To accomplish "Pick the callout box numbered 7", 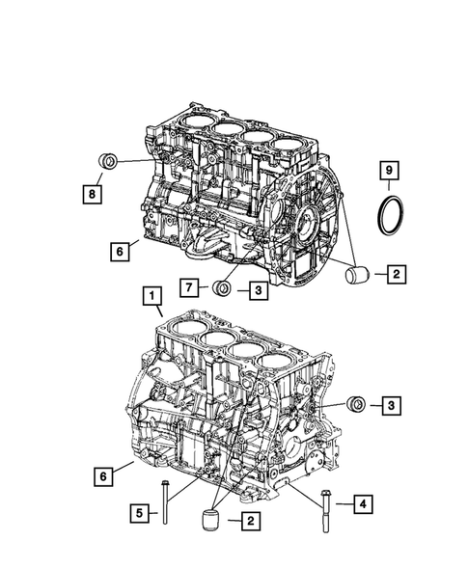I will coord(190,286).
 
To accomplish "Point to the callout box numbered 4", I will coord(363,502).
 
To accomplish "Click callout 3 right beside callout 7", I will coord(260,286).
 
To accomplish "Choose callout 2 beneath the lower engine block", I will coord(249,522).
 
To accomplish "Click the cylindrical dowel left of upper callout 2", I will coord(357,275).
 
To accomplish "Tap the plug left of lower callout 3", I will coord(355,403).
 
